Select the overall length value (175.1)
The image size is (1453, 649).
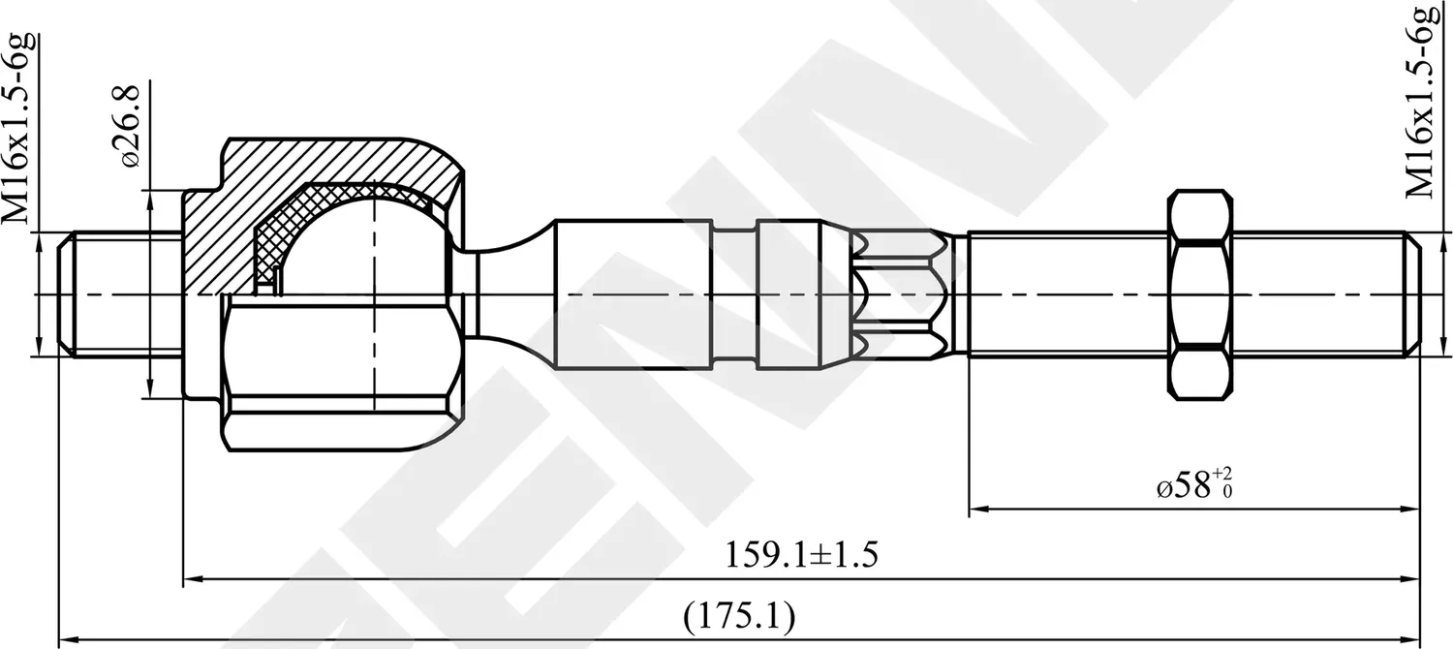tap(738, 615)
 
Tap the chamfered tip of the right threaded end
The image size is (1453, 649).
tap(1411, 294)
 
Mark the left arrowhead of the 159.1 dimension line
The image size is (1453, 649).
tap(192, 579)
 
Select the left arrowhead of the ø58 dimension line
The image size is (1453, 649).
tap(977, 508)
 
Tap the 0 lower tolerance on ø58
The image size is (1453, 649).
tap(1227, 492)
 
